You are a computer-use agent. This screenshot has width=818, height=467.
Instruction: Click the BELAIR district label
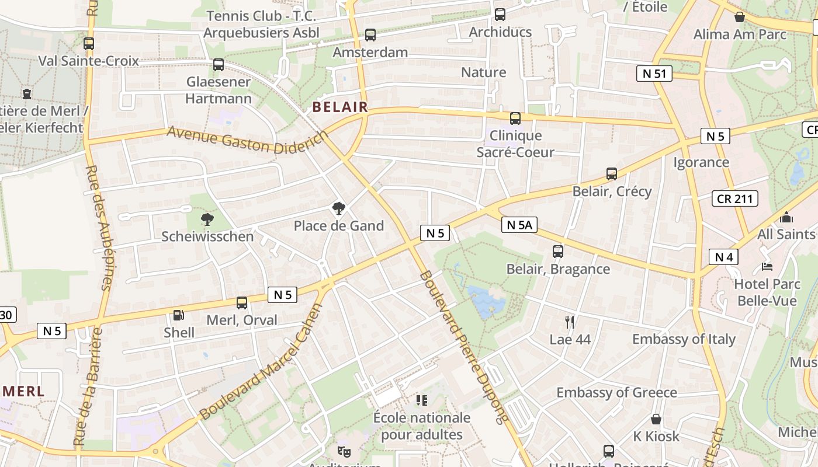tap(340, 107)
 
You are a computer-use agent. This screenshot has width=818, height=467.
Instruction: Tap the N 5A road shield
tap(519, 225)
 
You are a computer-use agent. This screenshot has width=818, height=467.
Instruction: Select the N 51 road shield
tap(654, 74)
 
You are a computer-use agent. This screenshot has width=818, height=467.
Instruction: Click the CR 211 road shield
tap(734, 198)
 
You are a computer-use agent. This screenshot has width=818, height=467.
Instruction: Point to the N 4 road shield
tap(723, 257)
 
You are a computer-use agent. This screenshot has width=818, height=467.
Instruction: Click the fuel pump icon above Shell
tap(178, 315)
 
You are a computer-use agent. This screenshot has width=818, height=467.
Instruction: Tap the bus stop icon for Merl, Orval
tap(241, 303)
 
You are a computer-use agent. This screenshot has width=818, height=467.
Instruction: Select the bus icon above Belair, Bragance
tap(558, 252)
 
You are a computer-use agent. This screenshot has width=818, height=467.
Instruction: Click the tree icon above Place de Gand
tap(338, 208)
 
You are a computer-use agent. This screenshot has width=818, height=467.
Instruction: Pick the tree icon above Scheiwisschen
tap(207, 219)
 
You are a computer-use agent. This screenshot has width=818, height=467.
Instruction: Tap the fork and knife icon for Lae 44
tap(570, 322)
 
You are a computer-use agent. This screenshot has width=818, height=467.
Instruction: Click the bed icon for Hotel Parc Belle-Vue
tap(767, 267)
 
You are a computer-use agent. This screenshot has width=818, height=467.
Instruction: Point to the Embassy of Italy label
tap(684, 339)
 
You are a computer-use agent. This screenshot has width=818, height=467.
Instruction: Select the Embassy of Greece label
tap(616, 392)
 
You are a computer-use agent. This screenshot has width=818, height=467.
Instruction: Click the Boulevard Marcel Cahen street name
tap(261, 363)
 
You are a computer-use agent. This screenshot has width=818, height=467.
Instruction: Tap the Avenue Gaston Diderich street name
tap(248, 140)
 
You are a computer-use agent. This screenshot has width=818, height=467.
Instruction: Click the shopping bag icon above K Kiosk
tap(656, 419)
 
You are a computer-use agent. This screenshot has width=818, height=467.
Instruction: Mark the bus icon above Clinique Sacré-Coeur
tap(515, 119)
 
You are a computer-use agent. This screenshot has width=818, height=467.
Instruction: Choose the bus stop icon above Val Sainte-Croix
tap(89, 44)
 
